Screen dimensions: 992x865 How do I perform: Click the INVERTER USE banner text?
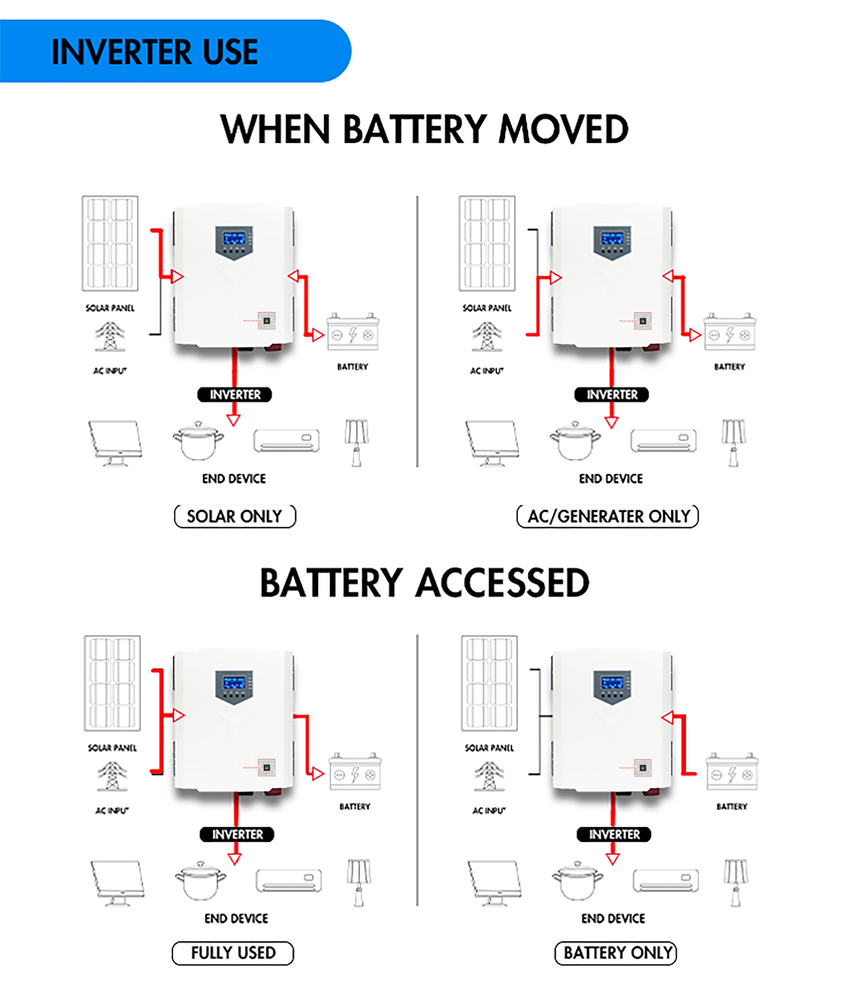pyautogui.click(x=154, y=52)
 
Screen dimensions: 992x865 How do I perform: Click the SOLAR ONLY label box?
pyautogui.click(x=235, y=516)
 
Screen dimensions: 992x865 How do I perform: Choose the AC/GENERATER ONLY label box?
pyautogui.click(x=608, y=516)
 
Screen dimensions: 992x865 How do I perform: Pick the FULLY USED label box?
pyautogui.click(x=233, y=952)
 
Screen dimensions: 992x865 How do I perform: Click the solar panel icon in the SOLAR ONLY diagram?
pyautogui.click(x=110, y=243)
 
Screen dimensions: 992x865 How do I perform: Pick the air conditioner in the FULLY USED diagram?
pyautogui.click(x=289, y=880)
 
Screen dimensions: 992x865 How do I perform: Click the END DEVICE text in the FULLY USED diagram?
pyautogui.click(x=236, y=918)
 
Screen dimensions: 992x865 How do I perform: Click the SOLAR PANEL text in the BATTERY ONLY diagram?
pyautogui.click(x=489, y=748)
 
